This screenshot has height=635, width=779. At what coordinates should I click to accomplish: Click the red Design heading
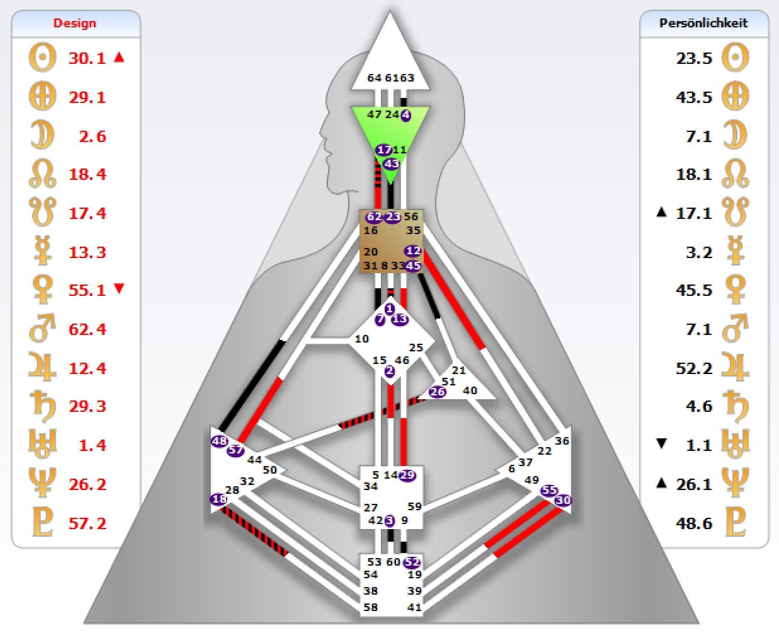click(74, 23)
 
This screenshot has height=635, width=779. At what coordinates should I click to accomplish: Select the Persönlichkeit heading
click(703, 23)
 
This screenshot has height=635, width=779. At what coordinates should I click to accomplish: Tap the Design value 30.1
click(87, 58)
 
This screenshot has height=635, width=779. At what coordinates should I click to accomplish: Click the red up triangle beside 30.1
click(119, 57)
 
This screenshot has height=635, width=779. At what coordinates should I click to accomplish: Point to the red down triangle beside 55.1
click(119, 289)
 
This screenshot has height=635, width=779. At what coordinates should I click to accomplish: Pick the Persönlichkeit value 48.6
click(694, 523)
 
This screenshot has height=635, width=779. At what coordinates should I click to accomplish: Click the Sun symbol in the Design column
click(42, 58)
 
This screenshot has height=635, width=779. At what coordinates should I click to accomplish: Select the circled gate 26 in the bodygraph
click(438, 392)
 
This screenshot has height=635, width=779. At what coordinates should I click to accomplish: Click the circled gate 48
click(219, 441)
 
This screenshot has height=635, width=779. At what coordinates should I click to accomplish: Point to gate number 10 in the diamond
click(362, 339)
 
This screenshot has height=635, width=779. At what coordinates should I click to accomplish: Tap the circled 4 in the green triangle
click(406, 115)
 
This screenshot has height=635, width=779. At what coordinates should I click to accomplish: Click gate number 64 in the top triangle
click(374, 78)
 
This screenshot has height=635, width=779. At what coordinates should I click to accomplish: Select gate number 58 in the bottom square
click(370, 607)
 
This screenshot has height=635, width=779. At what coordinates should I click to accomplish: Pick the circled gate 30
click(563, 500)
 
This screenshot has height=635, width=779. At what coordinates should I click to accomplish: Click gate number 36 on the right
click(561, 441)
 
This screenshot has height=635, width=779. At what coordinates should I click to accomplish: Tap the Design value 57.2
click(87, 523)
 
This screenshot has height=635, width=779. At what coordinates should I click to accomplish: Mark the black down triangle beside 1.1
click(661, 444)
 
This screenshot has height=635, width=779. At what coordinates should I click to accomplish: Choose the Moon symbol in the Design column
click(42, 136)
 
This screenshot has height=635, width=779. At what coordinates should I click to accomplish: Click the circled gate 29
click(407, 475)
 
